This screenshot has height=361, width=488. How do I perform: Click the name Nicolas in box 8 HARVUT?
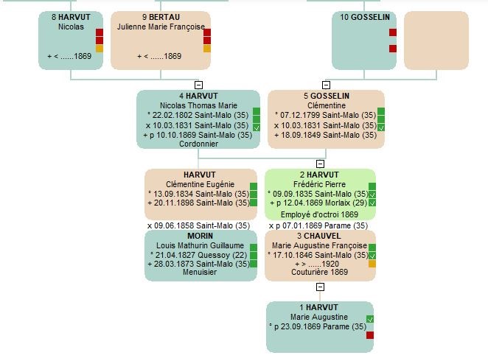tap(71, 27)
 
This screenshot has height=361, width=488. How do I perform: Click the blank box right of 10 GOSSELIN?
tap(436, 41)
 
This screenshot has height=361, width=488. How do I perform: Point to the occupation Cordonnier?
tap(198, 144)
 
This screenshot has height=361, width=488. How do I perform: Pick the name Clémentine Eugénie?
tap(200, 183)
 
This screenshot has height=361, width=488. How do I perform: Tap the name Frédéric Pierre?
tap(320, 183)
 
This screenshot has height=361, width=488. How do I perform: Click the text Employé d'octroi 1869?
tap(319, 214)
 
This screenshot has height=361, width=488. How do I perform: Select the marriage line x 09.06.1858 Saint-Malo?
tap(198, 225)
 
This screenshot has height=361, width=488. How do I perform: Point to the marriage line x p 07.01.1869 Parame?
tap(318, 225)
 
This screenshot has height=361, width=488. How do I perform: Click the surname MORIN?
tap(200, 236)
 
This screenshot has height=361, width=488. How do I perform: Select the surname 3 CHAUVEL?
tap(320, 236)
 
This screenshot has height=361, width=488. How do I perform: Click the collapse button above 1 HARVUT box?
tap(320, 287)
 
